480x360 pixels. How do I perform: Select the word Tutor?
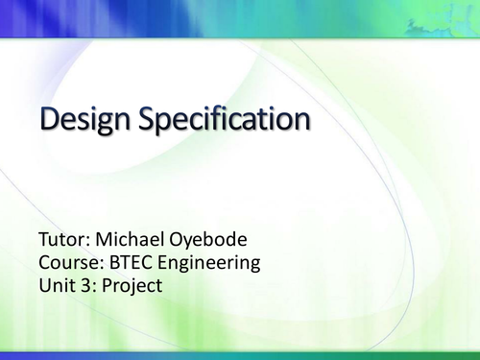tap(63, 238)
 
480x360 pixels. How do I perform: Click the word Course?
tap(70, 262)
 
